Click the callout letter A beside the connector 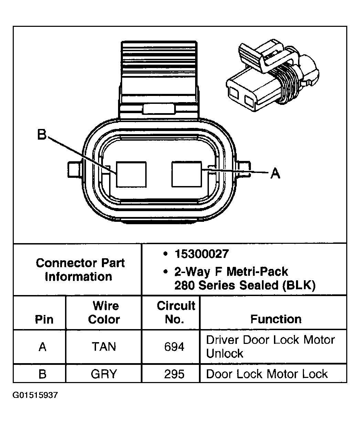(275, 173)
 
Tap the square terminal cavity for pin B (131, 174)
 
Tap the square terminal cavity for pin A (186, 174)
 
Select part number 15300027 (201, 254)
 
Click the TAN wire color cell (104, 347)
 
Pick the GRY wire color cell (104, 374)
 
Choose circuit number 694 (174, 347)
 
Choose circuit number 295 (174, 374)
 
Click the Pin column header (44, 319)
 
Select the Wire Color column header (104, 312)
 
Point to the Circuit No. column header (176, 312)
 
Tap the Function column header (276, 319)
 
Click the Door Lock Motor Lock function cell (267, 374)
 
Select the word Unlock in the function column (224, 354)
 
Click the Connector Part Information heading (80, 270)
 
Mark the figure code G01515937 (35, 395)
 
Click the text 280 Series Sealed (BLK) (245, 285)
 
